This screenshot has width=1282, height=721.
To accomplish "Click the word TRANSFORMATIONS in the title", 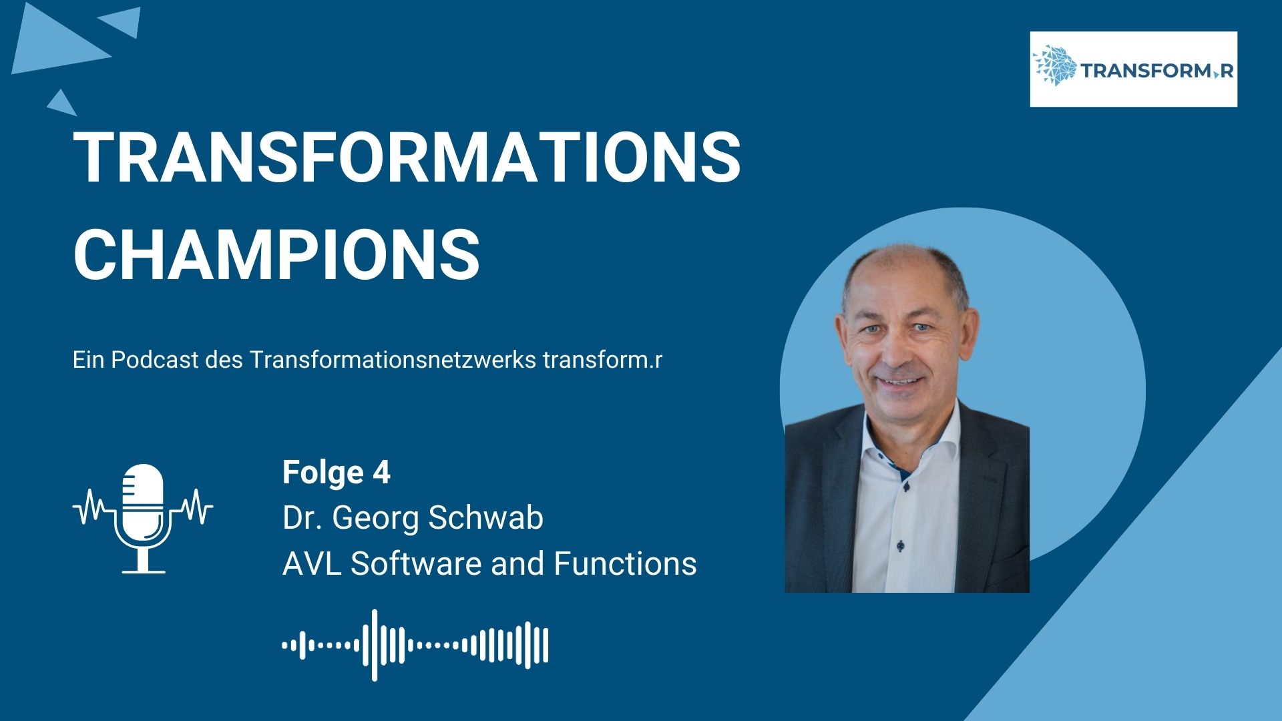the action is point(407,158).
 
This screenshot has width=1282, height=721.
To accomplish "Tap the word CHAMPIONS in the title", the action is point(276,254).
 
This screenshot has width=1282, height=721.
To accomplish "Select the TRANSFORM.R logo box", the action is point(1133,69).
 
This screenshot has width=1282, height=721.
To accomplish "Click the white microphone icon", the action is point(143,519).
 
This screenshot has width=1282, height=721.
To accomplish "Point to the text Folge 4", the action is point(336,473).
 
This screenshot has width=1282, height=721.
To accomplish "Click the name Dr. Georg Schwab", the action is point(413,518).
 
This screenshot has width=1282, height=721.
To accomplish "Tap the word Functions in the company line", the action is point(625,563).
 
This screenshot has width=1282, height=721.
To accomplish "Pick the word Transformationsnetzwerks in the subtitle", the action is point(393,360).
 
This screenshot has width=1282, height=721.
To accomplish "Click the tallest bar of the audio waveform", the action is point(375,645).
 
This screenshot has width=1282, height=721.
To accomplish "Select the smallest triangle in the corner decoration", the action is point(61,101).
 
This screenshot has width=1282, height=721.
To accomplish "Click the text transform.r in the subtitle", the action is point(603,360).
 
